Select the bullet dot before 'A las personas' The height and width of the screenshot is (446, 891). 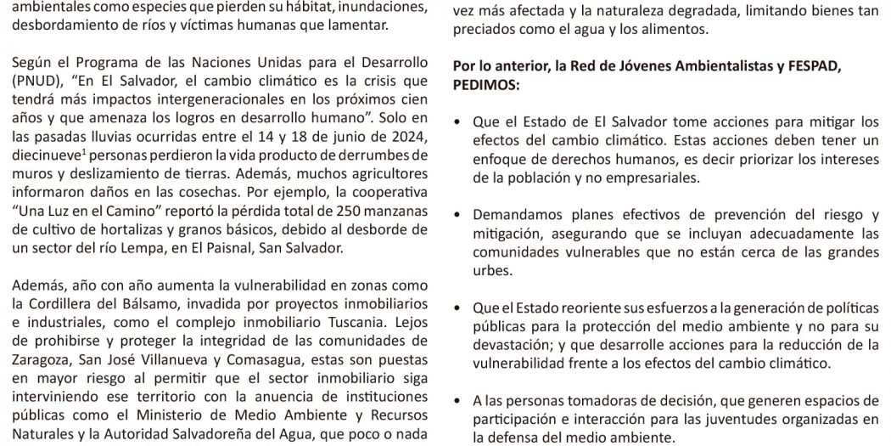[459, 401]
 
